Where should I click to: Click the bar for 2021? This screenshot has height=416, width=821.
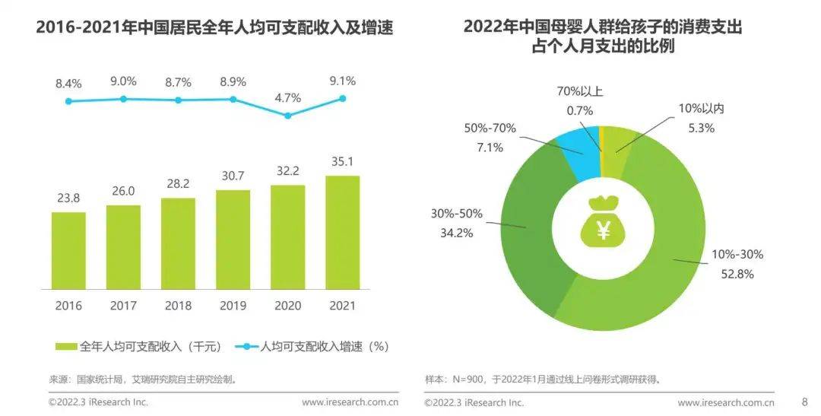coord(342,233)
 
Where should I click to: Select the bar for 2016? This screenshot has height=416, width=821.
coord(68,251)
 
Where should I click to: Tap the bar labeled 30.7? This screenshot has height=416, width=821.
coord(233,240)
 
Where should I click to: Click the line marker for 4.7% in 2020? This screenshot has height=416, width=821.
coord(287,116)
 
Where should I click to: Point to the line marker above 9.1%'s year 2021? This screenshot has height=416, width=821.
coord(342,98)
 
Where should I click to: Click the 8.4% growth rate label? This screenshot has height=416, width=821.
coord(68,83)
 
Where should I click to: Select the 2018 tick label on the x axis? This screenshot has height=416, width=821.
coord(178,306)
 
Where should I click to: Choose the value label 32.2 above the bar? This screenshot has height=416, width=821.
coord(287,172)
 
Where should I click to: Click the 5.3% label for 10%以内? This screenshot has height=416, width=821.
coord(701,129)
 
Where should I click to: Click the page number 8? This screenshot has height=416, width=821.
coord(804,402)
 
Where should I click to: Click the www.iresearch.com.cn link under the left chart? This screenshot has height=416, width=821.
coord(350,402)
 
